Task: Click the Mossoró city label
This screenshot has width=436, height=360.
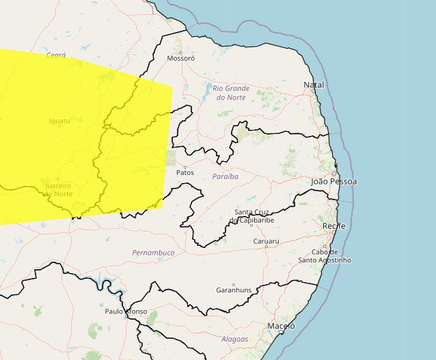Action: click(x=181, y=59)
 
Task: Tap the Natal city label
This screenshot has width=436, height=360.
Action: click(x=314, y=85)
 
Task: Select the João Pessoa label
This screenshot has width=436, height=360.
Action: click(x=333, y=182)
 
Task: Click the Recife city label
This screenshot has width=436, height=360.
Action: click(x=334, y=225)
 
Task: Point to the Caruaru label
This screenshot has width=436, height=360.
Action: click(x=266, y=242)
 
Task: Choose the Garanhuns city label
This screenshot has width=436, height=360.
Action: click(x=234, y=290)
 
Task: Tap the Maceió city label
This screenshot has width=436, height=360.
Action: click(x=281, y=326)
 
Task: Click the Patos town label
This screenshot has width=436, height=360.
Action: click(x=185, y=173)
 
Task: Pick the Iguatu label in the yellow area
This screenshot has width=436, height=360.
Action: click(x=59, y=121)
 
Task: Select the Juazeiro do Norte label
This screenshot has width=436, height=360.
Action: click(x=57, y=190)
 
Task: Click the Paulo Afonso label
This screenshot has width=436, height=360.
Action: click(x=126, y=311)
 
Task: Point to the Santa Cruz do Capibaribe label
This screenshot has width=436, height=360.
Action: click(x=256, y=216)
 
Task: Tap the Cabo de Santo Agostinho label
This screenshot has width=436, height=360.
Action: click(x=325, y=255)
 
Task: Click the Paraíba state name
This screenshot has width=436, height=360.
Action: click(x=225, y=176)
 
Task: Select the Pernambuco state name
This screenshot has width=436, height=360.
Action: click(x=153, y=253)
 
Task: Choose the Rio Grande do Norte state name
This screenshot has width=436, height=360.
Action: click(x=231, y=93)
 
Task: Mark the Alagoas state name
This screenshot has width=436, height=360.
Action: click(x=234, y=339)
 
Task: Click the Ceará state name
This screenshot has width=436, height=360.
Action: click(x=56, y=54)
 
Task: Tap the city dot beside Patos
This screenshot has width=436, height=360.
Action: click(x=185, y=166)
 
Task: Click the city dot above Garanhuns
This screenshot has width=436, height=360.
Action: click(x=234, y=285)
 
